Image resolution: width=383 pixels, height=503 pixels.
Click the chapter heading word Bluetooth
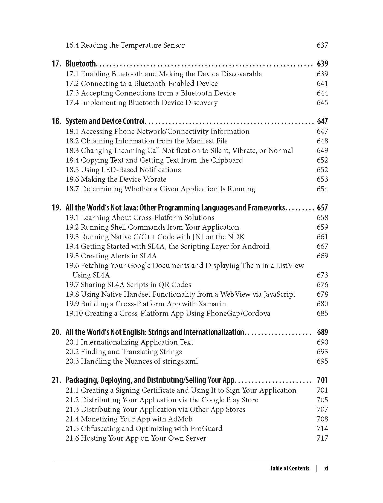click(x=81, y=64)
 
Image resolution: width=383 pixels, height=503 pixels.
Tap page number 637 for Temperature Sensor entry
click(x=322, y=45)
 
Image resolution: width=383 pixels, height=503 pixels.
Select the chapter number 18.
click(x=56, y=121)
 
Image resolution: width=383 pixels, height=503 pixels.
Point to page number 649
click(x=322, y=151)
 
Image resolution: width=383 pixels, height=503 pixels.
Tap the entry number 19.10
click(x=74, y=313)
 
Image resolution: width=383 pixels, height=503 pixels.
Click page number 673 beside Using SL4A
click(x=322, y=275)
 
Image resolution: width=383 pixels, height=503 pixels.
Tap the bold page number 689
click(x=322, y=332)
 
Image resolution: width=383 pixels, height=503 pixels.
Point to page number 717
click(x=322, y=438)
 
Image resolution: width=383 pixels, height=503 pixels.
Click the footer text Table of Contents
click(x=289, y=468)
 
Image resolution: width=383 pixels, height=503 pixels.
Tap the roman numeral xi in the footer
click(x=326, y=468)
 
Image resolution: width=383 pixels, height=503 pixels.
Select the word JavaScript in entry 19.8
click(x=279, y=294)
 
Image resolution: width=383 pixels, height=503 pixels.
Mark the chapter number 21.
click(x=56, y=380)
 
